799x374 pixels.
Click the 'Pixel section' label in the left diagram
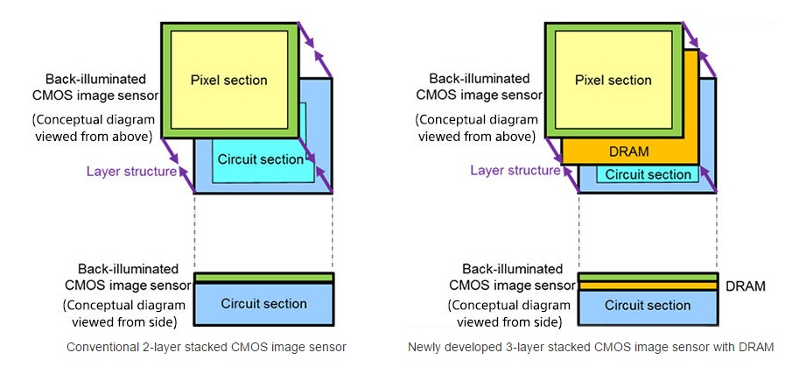point(228,81)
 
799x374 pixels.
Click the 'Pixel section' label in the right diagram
point(613,81)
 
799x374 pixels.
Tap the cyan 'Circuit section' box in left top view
point(261,159)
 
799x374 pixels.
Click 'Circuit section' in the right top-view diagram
point(648,174)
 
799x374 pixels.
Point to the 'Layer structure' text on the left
point(131,172)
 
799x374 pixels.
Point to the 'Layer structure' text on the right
point(515,171)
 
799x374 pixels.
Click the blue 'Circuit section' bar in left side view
point(263,304)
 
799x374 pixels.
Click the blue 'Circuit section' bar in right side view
point(648,306)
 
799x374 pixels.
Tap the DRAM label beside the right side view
point(746,286)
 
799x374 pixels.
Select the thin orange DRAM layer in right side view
point(648,286)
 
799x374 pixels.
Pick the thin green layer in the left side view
point(263,278)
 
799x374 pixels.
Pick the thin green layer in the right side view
point(648,277)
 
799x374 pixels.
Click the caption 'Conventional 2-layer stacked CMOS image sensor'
point(207,347)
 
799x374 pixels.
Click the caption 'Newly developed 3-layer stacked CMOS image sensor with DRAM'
point(591,347)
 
